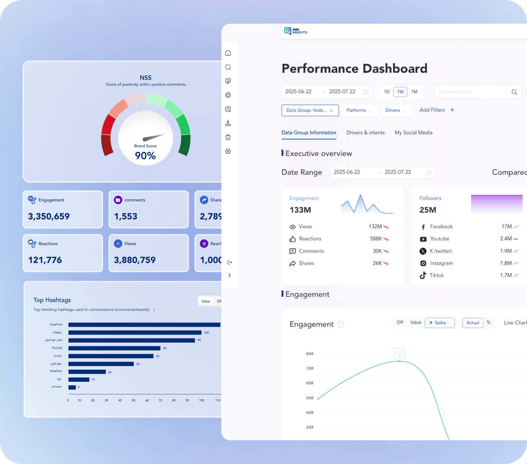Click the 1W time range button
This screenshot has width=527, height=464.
click(x=400, y=92)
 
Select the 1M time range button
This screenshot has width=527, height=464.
click(x=414, y=92)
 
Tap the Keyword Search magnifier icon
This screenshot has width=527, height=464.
click(x=514, y=92)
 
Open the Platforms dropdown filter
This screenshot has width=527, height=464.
click(x=359, y=110)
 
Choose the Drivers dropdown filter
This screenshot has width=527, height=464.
click(x=396, y=110)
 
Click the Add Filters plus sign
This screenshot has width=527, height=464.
click(x=452, y=110)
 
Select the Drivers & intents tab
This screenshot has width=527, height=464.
click(x=365, y=132)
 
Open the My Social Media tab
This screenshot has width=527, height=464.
click(x=413, y=132)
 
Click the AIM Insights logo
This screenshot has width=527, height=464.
click(x=295, y=31)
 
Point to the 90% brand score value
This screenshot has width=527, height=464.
click(x=145, y=156)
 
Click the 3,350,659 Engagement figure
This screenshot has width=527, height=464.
click(x=49, y=216)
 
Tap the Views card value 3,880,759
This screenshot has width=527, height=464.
click(x=135, y=260)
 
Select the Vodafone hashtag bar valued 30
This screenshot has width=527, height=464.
click(x=87, y=372)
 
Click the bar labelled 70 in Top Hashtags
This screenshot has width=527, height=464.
click(x=114, y=348)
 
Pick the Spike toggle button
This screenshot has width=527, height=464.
click(x=440, y=323)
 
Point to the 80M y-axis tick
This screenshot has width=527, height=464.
click(x=309, y=354)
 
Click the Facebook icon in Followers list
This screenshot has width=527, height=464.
click(x=423, y=227)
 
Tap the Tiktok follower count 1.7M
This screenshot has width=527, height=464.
click(x=506, y=275)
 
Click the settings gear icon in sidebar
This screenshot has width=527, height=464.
click(x=228, y=151)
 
